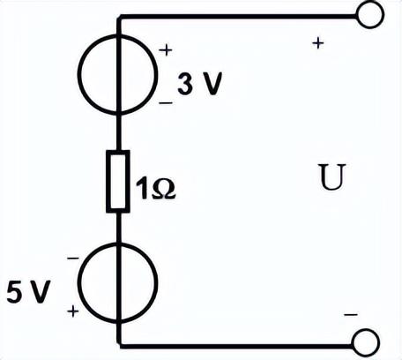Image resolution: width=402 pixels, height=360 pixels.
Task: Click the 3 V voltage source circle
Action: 78,74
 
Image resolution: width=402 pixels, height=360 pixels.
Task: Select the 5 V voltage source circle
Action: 78,283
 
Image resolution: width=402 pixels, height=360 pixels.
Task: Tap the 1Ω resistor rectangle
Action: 108,181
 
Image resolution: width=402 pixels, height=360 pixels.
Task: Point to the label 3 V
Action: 199,83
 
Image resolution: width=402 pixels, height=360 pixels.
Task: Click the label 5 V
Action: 28,291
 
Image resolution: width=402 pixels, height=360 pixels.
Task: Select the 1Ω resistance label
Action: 155,189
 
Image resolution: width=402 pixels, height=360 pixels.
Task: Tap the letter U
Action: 331,176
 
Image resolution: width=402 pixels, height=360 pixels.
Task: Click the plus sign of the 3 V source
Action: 166,50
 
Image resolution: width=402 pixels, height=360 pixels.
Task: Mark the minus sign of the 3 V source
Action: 166,103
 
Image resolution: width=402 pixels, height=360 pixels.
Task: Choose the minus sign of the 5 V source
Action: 73,259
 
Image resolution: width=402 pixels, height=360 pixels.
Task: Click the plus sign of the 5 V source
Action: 73,311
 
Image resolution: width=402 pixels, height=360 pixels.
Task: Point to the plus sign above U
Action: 318,43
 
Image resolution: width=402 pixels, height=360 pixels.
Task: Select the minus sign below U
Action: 351,314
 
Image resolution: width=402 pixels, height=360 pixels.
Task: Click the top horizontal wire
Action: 237,17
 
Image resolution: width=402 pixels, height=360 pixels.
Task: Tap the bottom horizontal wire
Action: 236,346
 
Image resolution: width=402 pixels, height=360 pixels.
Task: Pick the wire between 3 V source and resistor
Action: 118,132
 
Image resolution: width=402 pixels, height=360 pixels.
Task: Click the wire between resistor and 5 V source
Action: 118,228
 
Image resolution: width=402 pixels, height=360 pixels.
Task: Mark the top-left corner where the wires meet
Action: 119,17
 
